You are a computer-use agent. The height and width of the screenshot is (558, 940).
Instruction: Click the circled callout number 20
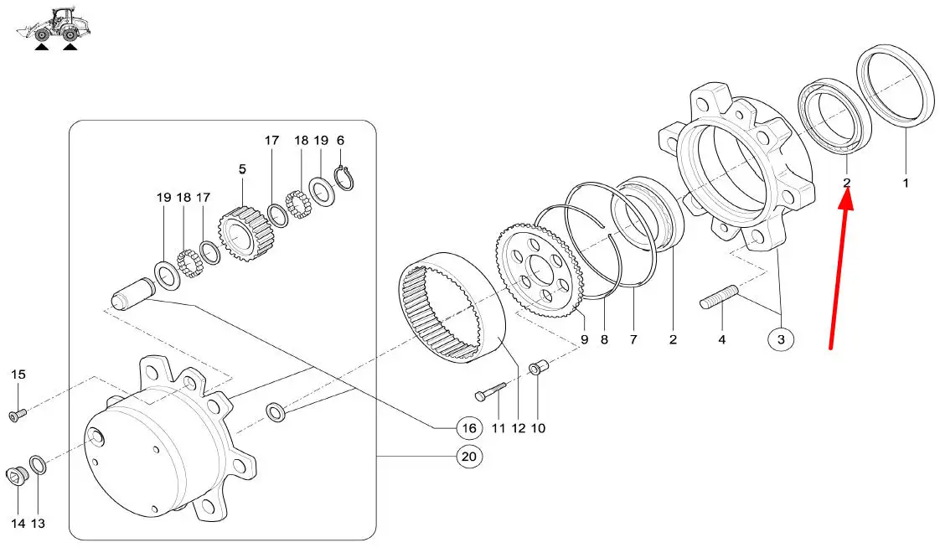click(469, 457)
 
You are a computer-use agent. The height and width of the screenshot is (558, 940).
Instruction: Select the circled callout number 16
click(468, 428)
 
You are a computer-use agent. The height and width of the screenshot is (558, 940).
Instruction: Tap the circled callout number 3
click(781, 339)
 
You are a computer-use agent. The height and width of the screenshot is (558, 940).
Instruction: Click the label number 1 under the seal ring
click(906, 181)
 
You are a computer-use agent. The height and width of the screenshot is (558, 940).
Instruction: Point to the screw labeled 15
click(18, 413)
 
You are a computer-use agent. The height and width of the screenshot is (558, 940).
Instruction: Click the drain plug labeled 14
click(18, 477)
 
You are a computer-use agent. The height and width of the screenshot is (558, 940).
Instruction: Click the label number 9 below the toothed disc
click(584, 340)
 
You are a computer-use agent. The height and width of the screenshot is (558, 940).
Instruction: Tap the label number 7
click(633, 340)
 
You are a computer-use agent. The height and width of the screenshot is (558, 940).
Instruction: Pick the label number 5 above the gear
click(242, 169)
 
